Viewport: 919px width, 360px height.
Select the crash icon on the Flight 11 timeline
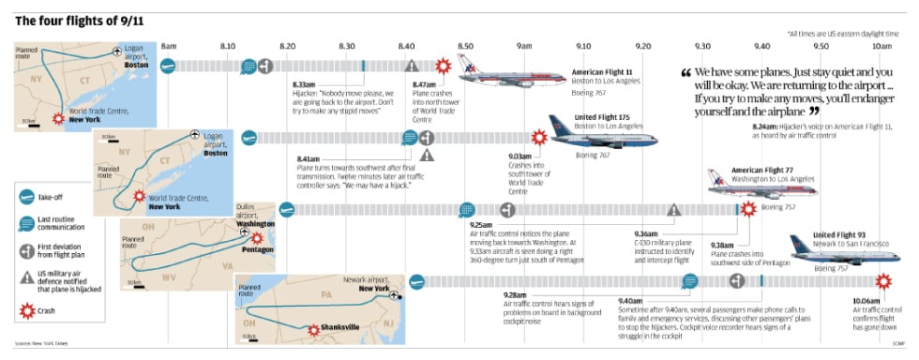(x=444, y=66)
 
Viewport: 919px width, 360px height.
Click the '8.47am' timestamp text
(x=425, y=84)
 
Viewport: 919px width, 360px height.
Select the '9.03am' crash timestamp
(x=520, y=156)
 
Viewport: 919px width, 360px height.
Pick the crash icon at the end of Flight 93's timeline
(x=883, y=280)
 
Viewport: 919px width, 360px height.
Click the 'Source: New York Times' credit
(x=45, y=342)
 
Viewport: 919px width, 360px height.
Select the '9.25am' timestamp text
(x=481, y=225)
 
